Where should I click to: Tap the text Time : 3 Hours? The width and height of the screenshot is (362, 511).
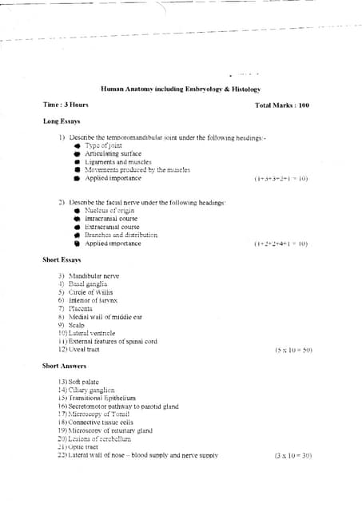click(x=66, y=105)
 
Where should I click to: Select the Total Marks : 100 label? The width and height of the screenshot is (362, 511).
click(x=281, y=105)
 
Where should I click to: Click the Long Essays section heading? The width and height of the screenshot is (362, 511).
click(x=63, y=121)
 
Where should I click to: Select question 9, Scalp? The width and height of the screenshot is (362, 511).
click(x=72, y=325)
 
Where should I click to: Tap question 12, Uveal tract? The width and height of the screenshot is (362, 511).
click(x=80, y=350)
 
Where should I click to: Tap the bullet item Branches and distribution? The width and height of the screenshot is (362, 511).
click(x=121, y=236)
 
